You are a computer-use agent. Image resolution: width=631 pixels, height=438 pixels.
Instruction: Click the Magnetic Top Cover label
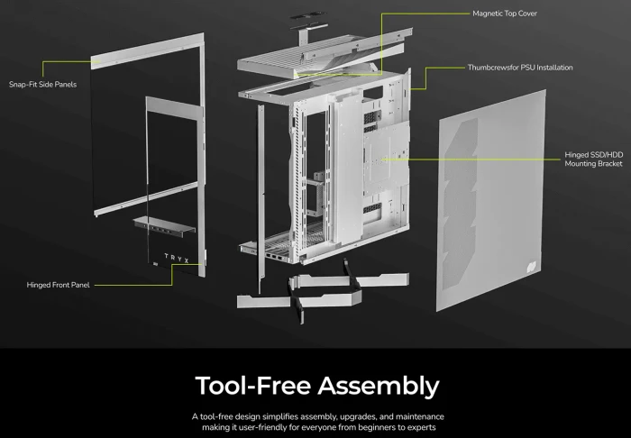(505, 14)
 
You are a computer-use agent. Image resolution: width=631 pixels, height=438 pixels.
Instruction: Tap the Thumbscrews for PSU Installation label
(520, 68)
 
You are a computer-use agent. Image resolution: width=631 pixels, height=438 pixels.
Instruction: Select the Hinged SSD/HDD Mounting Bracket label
(593, 160)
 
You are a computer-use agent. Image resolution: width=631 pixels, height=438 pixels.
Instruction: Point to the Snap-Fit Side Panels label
(42, 85)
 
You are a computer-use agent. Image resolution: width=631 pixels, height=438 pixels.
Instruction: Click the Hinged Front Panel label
(58, 285)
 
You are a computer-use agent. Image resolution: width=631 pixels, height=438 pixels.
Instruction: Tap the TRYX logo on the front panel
(177, 258)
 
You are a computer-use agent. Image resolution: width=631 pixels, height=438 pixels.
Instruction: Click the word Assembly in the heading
(379, 386)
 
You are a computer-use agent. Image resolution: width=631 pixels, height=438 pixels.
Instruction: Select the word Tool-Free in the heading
(253, 386)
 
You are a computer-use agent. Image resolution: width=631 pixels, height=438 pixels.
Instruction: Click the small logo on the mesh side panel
(532, 266)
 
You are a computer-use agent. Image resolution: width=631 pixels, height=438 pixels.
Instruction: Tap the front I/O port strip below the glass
(164, 225)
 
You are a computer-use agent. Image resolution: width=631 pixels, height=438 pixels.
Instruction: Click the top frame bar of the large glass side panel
(147, 51)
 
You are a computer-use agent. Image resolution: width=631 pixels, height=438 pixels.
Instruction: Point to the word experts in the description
(422, 427)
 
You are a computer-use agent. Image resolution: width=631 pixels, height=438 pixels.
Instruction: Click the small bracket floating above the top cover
(308, 29)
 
